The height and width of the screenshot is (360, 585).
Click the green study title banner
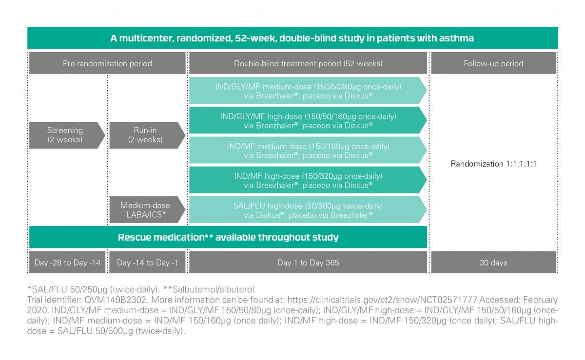(292, 38)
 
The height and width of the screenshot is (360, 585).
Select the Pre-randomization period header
(107, 63)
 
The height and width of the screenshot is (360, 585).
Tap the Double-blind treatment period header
(308, 63)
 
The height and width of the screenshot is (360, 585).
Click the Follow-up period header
(493, 63)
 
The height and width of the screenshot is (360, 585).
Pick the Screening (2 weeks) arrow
(67, 135)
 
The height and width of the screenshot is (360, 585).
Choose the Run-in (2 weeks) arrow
(147, 135)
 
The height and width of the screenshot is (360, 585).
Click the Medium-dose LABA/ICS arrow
(147, 209)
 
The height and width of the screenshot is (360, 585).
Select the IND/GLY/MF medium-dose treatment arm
(308, 91)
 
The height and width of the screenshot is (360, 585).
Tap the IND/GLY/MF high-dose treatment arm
(308, 120)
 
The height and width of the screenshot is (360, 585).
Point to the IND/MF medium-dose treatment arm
(308, 150)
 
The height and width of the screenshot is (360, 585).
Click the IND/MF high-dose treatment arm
(308, 180)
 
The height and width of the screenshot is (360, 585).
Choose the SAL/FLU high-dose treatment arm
(308, 209)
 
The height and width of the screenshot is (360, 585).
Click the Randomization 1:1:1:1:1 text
(493, 164)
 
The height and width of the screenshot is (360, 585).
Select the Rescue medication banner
(228, 237)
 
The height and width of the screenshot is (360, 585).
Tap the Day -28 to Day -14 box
(67, 262)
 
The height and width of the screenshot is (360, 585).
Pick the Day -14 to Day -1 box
(147, 262)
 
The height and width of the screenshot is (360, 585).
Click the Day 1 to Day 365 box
(308, 262)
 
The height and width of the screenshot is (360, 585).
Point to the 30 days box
(493, 262)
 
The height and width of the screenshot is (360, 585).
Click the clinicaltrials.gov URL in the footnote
(382, 300)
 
